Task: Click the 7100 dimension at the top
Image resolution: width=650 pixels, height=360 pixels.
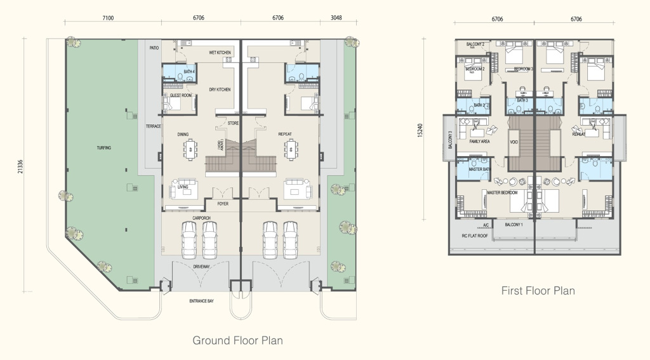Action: (108, 18)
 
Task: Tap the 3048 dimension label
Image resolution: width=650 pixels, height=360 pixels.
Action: (336, 18)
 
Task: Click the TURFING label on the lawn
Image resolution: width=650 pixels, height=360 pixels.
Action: (104, 148)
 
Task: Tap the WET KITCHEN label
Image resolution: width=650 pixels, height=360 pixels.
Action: (220, 53)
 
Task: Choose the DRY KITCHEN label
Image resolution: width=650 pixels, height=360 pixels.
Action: (220, 90)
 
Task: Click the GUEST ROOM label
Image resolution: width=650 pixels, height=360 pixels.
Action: (181, 95)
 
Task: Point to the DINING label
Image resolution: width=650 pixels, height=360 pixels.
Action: (183, 135)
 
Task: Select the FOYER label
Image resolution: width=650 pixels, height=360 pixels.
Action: (223, 204)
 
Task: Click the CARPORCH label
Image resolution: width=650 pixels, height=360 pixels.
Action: (202, 218)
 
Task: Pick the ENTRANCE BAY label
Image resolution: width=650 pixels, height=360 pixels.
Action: (202, 300)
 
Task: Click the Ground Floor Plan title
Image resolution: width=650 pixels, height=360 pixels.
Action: (237, 341)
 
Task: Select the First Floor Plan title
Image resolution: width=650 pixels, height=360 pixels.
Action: (538, 291)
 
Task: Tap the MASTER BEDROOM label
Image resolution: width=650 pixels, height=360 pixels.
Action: (502, 192)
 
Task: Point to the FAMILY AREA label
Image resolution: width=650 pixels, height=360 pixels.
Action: (479, 142)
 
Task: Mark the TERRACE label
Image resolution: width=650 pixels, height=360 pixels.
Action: (154, 126)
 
